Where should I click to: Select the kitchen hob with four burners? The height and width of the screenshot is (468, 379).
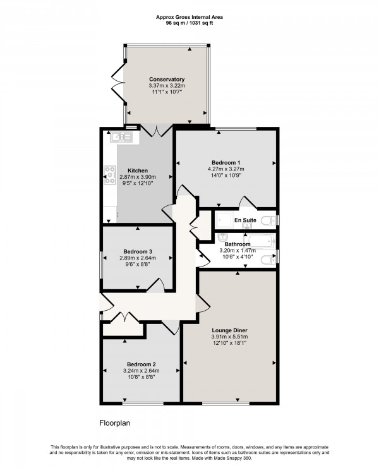[109, 174]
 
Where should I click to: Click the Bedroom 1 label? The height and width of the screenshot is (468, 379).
[226, 162]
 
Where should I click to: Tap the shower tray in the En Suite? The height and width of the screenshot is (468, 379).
[225, 221]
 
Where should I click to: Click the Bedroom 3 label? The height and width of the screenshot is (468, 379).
[138, 251]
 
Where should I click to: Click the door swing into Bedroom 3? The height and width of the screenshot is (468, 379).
[159, 285]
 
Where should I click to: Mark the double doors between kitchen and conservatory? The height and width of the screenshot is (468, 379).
[154, 131]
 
